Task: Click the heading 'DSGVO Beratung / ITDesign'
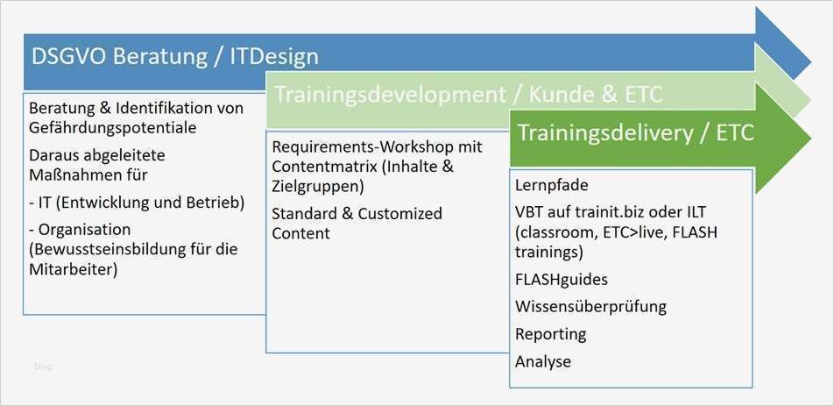[x=175, y=57]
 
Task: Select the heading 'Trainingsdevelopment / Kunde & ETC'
[x=469, y=95]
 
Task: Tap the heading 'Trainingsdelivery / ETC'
[x=636, y=133]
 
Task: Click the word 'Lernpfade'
[x=552, y=185]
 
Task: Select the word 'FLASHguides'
[x=562, y=280]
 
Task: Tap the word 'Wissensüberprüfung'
[x=591, y=306]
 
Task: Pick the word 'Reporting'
[x=551, y=334]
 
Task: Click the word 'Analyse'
[x=543, y=361]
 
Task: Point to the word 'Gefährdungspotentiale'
[x=112, y=128]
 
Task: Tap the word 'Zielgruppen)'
[x=317, y=186]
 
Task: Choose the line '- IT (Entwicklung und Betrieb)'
[x=137, y=203]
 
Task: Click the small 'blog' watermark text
[x=43, y=367]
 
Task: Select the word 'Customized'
[x=400, y=213]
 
